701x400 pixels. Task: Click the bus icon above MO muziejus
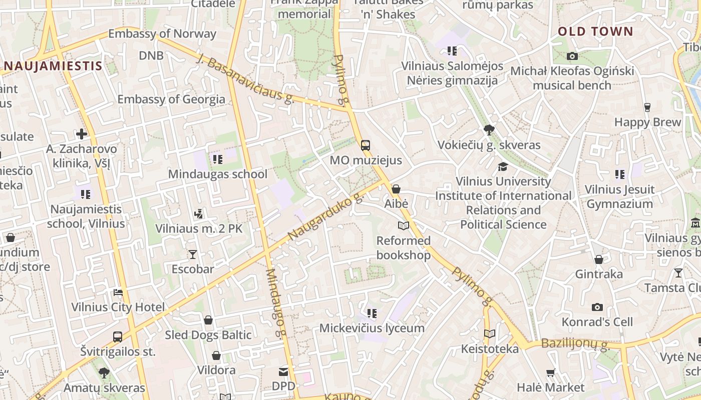[x=366, y=145]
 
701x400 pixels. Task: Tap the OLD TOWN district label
[x=595, y=31]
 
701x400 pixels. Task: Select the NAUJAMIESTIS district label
[x=53, y=65]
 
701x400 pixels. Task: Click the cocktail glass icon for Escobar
[x=193, y=254]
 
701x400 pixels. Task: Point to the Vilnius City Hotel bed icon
[x=118, y=292]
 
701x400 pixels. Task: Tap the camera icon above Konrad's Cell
[x=597, y=307]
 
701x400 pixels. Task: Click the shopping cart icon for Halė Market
[x=550, y=372]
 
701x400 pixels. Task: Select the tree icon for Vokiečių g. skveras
[x=489, y=130]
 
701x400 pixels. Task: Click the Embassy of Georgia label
[x=171, y=99]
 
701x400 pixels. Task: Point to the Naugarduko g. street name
[x=326, y=216]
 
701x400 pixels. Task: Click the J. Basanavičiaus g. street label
[x=245, y=78]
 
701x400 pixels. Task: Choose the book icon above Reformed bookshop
[x=403, y=226]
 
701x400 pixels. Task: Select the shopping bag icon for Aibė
[x=396, y=189]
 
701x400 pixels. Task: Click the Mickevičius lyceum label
[x=372, y=328]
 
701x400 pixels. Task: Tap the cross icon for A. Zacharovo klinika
[x=82, y=134]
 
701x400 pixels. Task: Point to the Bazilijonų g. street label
[x=575, y=344]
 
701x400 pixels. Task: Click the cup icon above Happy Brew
[x=647, y=107]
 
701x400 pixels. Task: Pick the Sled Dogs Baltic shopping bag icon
[x=208, y=320]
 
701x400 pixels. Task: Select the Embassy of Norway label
[x=162, y=34]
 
